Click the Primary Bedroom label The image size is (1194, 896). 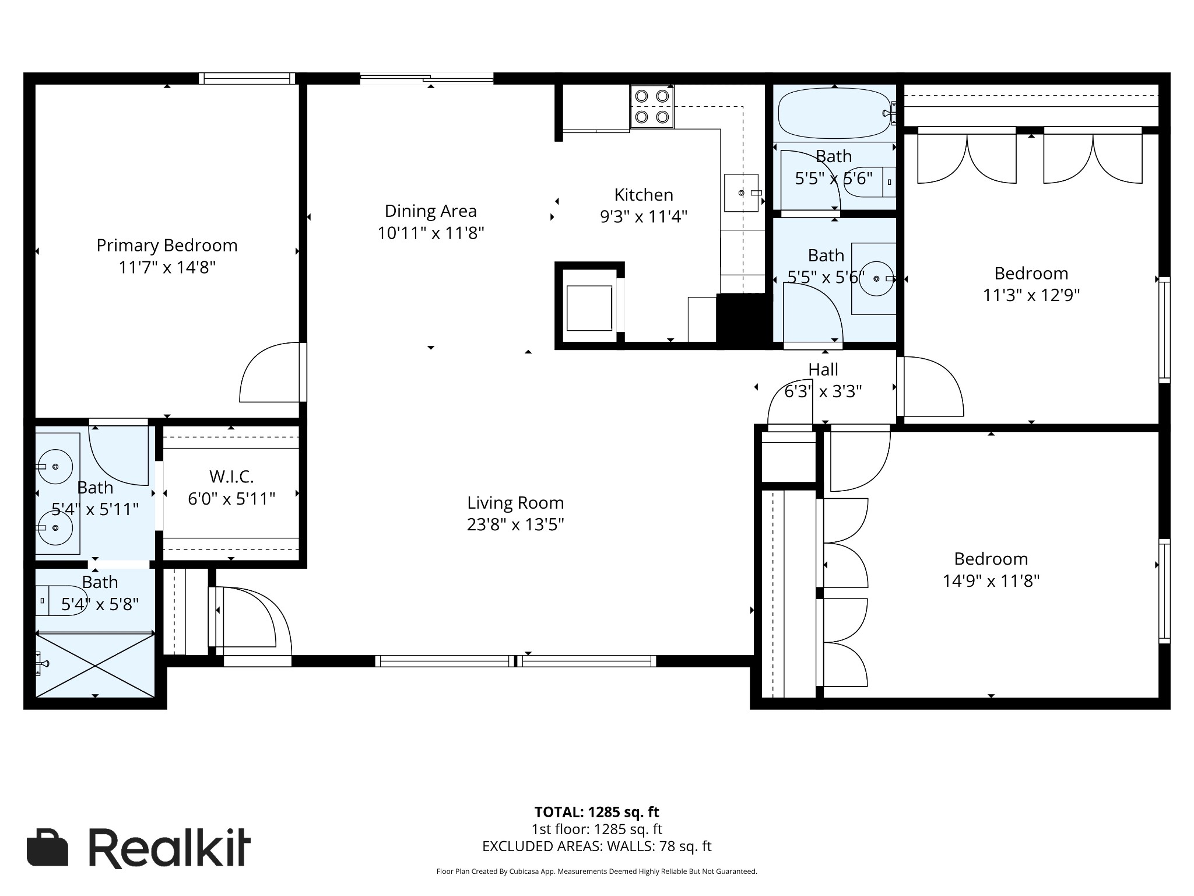(167, 246)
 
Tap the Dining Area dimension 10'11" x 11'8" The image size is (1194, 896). (431, 233)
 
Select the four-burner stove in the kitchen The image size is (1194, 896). (652, 107)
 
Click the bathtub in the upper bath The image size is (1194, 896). (834, 114)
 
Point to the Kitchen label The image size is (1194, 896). (644, 195)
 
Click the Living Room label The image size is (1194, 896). (515, 503)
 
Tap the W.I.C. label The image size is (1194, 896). (231, 477)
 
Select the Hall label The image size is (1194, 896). (823, 369)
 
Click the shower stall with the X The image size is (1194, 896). (95, 666)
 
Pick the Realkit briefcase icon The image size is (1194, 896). (47, 847)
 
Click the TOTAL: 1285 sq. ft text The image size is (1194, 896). (597, 812)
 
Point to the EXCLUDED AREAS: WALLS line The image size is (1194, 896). (597, 846)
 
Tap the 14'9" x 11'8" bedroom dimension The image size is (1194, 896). (991, 581)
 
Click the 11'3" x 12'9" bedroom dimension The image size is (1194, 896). (1031, 295)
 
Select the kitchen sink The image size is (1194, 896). (741, 192)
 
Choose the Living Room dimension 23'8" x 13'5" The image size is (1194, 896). (515, 525)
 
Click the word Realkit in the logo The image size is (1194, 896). (170, 847)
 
